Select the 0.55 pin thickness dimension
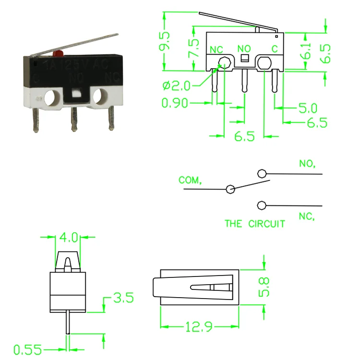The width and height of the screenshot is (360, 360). click(x=27, y=349)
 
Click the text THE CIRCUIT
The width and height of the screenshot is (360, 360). click(x=255, y=224)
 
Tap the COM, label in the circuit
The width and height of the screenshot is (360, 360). click(x=191, y=180)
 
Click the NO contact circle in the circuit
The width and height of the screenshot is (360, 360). click(x=261, y=173)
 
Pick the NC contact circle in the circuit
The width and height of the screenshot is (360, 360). click(x=261, y=205)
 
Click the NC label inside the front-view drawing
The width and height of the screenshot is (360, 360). click(x=216, y=48)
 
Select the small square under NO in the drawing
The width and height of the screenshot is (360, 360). click(x=243, y=59)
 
